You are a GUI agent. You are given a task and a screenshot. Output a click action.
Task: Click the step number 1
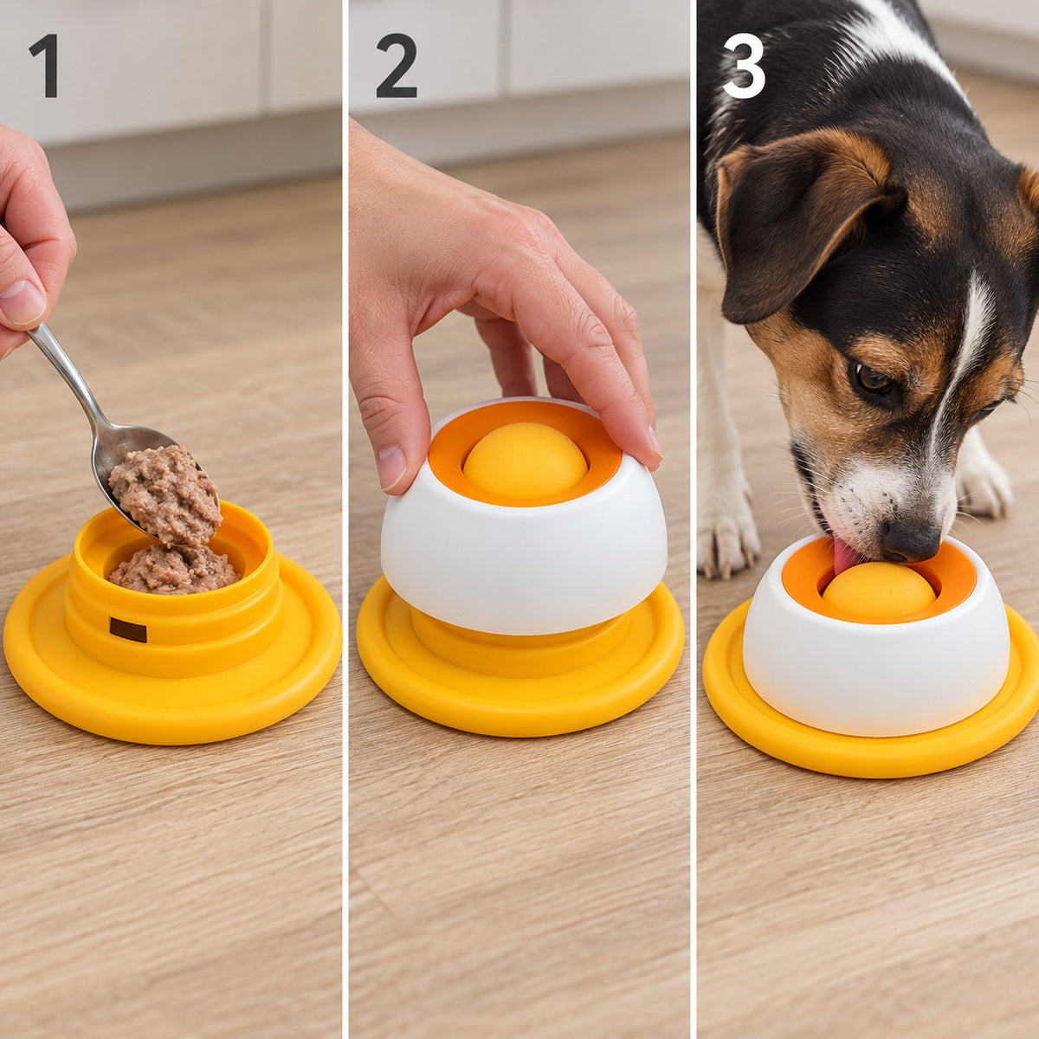pyautogui.click(x=44, y=66)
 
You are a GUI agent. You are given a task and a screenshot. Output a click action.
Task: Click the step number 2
pyautogui.click(x=397, y=66)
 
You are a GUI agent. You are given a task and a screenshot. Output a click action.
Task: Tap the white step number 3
pyautogui.click(x=744, y=66)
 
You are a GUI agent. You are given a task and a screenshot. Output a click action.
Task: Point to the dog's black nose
pyautogui.click(x=911, y=539)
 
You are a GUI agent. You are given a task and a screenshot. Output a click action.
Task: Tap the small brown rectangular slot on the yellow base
pyautogui.click(x=128, y=629)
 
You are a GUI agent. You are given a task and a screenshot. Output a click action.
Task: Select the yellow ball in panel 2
pyautogui.click(x=526, y=460)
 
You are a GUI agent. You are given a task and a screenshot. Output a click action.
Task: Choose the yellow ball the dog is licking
pyautogui.click(x=879, y=590)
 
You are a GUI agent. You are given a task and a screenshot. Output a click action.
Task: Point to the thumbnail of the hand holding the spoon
pyautogui.click(x=22, y=302)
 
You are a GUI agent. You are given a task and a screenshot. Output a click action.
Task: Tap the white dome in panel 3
pyautogui.click(x=876, y=663)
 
